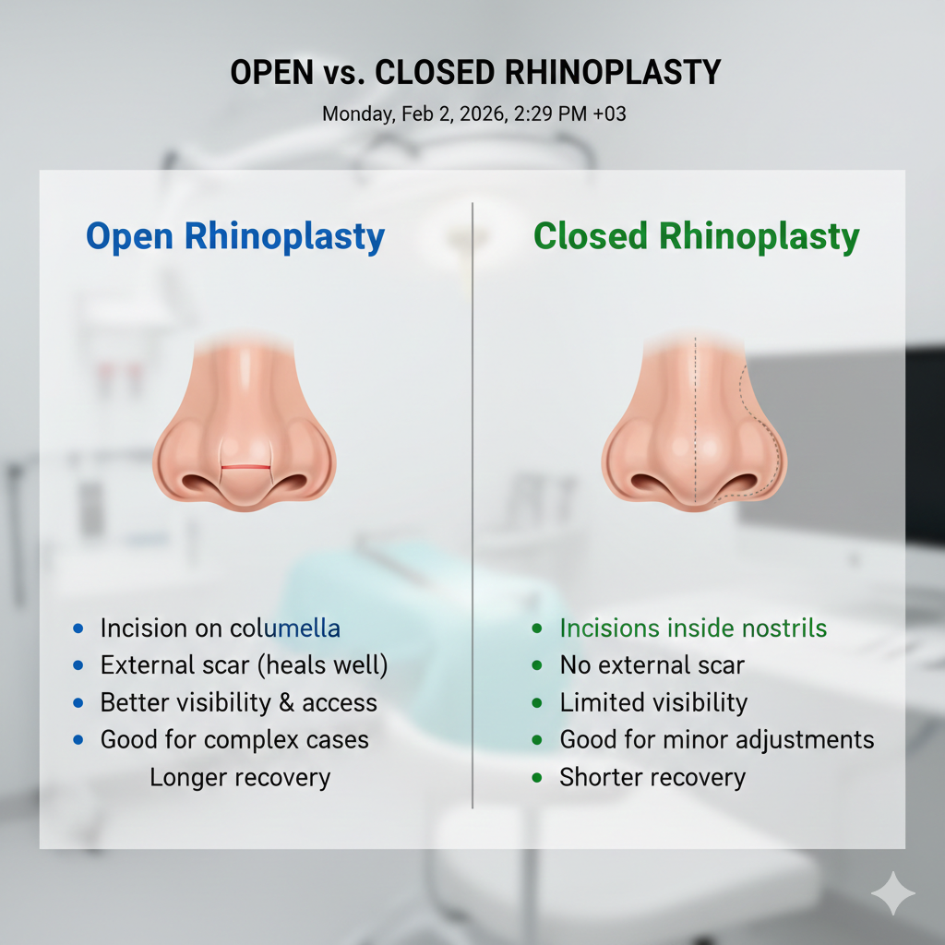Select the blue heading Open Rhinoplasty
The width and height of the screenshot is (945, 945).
click(235, 236)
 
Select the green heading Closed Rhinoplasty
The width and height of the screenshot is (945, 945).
click(697, 236)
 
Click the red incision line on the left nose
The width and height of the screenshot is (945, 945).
click(245, 467)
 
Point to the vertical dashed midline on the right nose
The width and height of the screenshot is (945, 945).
click(695, 415)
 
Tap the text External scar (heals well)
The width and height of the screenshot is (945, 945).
click(244, 665)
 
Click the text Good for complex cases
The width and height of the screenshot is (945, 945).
click(234, 739)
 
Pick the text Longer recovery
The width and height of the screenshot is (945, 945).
click(240, 777)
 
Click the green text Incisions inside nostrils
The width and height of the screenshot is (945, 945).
click(693, 628)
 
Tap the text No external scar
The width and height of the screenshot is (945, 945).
click(652, 665)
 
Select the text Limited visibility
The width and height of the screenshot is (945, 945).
click(653, 702)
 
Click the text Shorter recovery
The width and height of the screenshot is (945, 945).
click(652, 777)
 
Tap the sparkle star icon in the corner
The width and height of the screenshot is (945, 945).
click(893, 893)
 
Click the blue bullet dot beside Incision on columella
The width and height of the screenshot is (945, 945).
click(78, 628)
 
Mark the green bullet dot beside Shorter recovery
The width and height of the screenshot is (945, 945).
click(537, 777)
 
